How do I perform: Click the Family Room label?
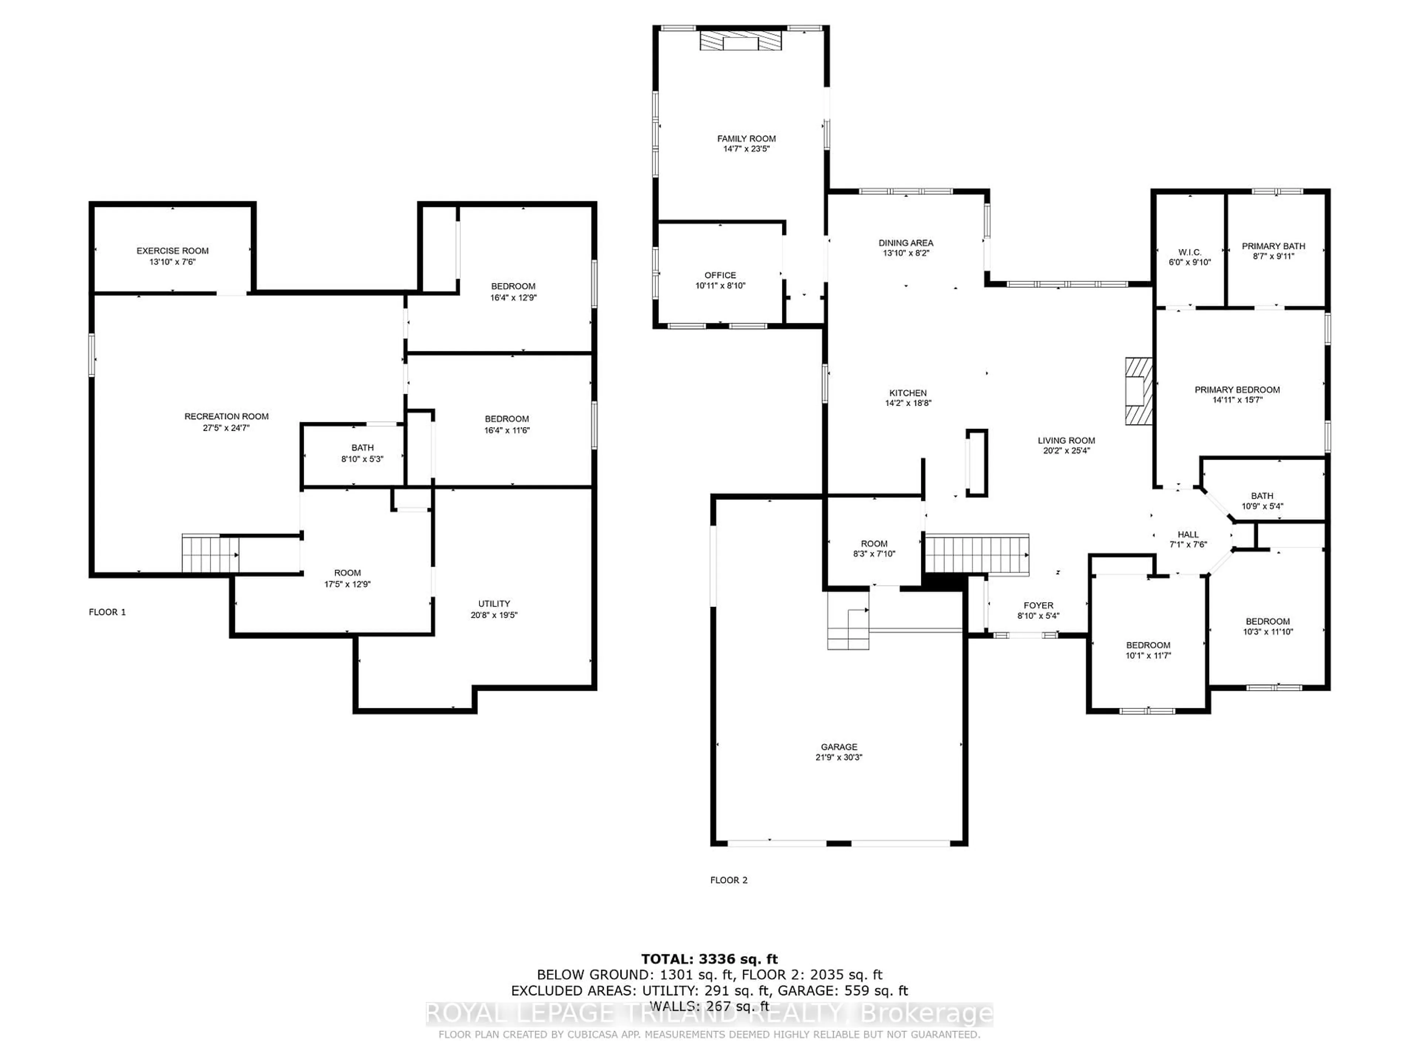pos(746,139)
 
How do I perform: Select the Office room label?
pos(720,275)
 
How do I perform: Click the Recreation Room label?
pos(227,416)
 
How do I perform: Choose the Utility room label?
pos(494,604)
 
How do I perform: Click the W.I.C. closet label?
pos(1190,252)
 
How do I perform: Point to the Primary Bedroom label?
pos(1237,390)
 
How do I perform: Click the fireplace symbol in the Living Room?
pos(1139,391)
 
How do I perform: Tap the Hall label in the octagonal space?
pos(1188,534)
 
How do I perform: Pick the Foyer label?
pos(1038,606)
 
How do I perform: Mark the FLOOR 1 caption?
pos(107,613)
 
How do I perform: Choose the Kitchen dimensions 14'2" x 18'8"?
pos(908,403)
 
